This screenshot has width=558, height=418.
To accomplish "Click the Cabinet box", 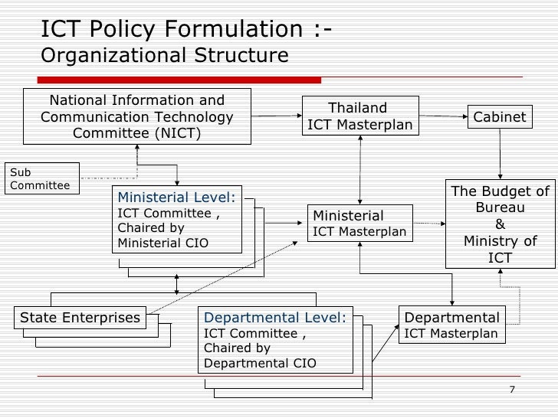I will click(x=500, y=117).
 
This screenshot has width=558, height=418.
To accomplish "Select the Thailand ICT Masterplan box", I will click(x=359, y=116).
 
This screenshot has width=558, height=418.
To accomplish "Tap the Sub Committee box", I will click(x=42, y=178).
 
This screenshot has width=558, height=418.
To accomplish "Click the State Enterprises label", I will click(x=80, y=317).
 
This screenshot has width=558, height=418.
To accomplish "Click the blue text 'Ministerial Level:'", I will click(x=176, y=198).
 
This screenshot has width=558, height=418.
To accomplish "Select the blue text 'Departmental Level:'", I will click(x=273, y=317).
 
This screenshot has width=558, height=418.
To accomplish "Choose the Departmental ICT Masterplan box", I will click(x=451, y=325).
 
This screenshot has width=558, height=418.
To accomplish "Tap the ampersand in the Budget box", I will click(x=500, y=224).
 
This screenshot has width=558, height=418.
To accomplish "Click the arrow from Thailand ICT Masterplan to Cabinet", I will click(x=444, y=117).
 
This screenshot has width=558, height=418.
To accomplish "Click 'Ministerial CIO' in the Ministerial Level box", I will click(x=162, y=244).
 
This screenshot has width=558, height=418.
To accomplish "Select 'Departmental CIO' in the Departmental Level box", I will click(x=259, y=362).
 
